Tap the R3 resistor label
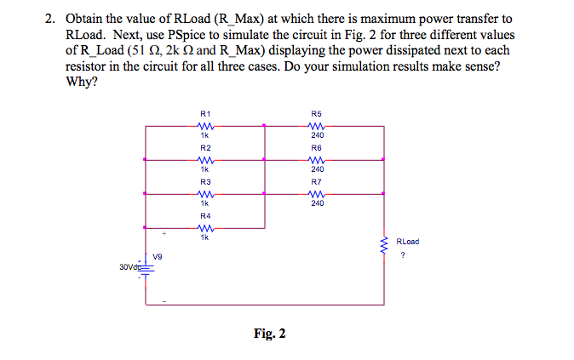(204, 181)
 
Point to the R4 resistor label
(204, 215)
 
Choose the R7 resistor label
(317, 181)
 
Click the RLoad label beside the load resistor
(408, 242)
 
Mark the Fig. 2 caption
(269, 334)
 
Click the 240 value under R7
(317, 203)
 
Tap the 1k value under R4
(204, 237)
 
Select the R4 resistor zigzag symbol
(204, 227)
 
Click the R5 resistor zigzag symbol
(317, 125)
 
